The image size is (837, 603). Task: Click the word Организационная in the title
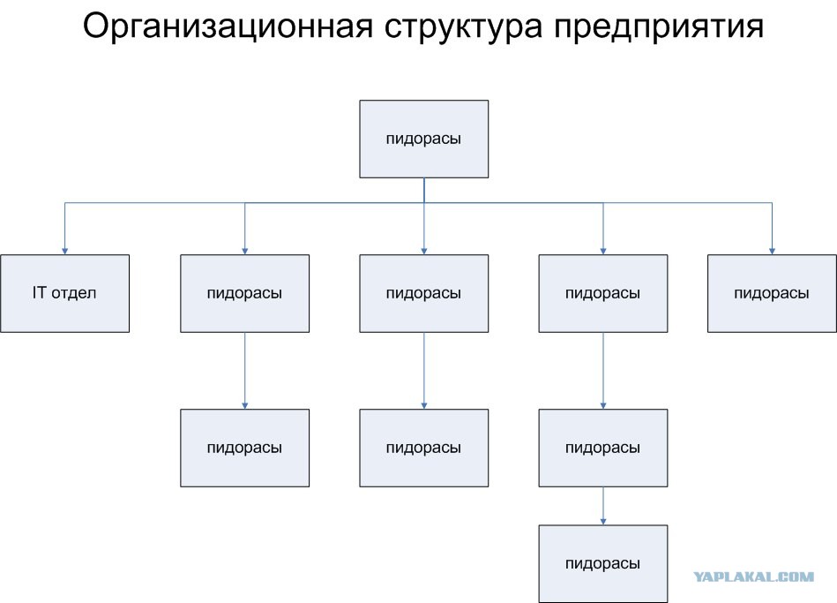click(228, 26)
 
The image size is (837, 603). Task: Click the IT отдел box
click(64, 293)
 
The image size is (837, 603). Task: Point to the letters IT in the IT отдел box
click(39, 292)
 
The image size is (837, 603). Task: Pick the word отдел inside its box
click(74, 293)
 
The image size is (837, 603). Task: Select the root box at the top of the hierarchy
click(424, 139)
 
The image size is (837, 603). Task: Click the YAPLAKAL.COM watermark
click(754, 577)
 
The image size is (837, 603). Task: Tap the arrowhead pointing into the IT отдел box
click(64, 251)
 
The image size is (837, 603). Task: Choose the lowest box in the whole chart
click(603, 564)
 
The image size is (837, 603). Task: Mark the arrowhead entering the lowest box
click(603, 521)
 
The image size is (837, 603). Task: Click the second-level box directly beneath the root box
click(424, 293)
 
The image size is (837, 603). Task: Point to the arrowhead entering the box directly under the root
click(424, 251)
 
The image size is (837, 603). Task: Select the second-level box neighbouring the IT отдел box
click(244, 293)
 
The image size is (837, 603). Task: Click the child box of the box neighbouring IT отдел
click(244, 448)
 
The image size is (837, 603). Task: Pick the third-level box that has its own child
click(603, 448)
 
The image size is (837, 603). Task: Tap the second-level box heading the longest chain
click(603, 293)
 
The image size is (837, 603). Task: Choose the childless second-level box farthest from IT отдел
click(772, 293)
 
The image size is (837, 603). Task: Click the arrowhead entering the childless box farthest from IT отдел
click(772, 251)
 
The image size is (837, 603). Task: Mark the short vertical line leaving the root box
click(424, 191)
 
